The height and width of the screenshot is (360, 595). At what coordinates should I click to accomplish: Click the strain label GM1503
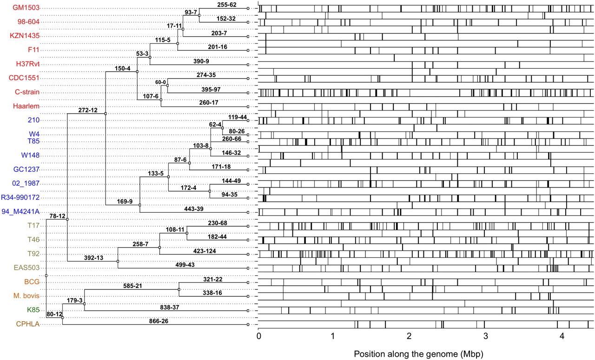26,8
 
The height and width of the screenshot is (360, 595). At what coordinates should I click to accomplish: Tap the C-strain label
26,92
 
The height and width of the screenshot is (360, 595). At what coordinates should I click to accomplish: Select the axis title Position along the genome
418,354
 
